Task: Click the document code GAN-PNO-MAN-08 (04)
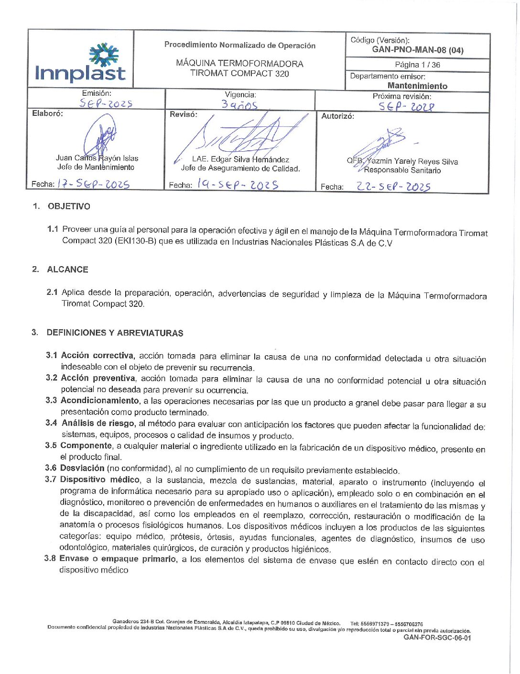point(417,50)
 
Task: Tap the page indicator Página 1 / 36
point(417,65)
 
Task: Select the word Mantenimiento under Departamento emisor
point(417,86)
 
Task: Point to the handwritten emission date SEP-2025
point(106,103)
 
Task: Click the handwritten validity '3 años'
point(239,104)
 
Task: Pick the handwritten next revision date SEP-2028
point(406,107)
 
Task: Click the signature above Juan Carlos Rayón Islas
point(100,138)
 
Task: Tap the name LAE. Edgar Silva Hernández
point(240,159)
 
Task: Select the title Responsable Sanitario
point(402,170)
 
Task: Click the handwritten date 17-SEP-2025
point(93,184)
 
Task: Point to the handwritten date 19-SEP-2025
point(238,184)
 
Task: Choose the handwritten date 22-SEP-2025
point(393,187)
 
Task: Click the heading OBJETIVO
point(69,206)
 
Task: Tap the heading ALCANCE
point(67,270)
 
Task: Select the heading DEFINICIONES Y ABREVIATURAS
point(115,333)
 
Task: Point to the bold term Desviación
point(82,468)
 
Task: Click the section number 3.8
point(50,559)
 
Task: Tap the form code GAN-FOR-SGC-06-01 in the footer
point(437,638)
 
